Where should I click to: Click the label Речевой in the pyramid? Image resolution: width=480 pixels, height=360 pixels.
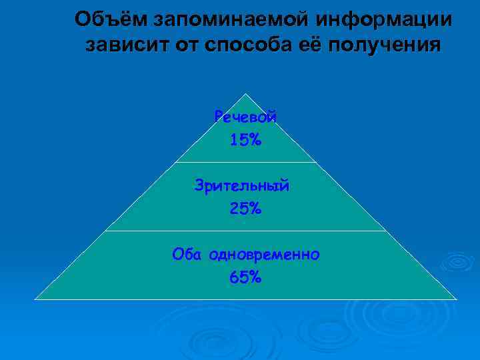click(245, 117)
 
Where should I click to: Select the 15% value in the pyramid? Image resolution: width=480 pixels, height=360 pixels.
click(245, 140)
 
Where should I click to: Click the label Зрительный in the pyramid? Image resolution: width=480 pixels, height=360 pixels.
click(243, 185)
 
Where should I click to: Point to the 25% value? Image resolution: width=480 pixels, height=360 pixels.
click(245, 209)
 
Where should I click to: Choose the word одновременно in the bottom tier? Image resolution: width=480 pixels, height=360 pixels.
click(264, 254)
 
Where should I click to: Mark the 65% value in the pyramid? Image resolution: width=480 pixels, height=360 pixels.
click(245, 277)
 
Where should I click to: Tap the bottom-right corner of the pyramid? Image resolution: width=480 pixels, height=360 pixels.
click(456, 298)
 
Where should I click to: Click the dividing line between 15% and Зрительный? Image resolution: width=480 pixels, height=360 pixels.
click(245, 162)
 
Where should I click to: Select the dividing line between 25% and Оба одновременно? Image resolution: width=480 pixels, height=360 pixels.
click(245, 231)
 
